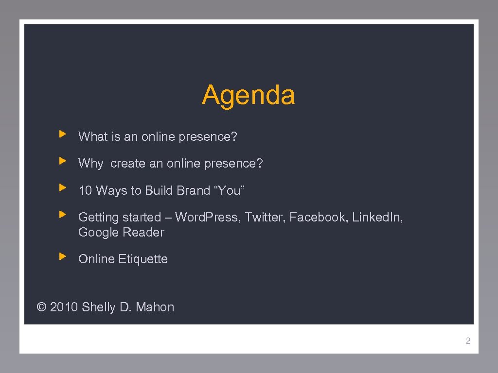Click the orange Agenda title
(249, 95)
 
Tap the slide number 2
(468, 341)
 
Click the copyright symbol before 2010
(42, 307)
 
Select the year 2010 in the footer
(64, 307)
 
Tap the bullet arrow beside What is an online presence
(62, 133)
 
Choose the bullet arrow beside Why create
(62, 160)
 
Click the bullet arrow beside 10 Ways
(62, 187)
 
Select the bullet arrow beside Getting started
(62, 214)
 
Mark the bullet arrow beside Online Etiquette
(62, 255)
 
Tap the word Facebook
(317, 217)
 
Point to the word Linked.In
(377, 217)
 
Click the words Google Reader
(121, 232)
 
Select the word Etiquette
(143, 259)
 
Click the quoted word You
(230, 190)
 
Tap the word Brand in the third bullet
(193, 190)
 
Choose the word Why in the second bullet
(90, 164)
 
